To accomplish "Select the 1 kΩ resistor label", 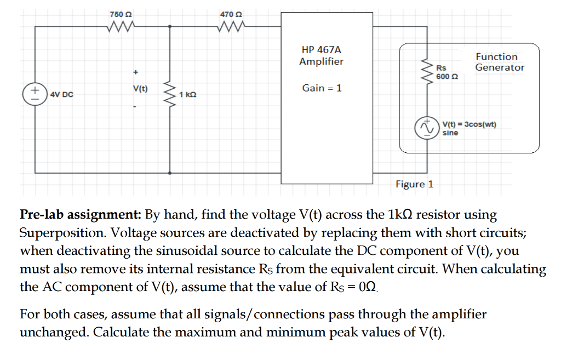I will [x=187, y=95].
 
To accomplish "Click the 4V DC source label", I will [x=61, y=94].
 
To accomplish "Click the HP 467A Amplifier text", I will [x=322, y=55].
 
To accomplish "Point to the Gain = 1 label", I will [x=322, y=88].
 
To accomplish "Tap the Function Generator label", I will [x=499, y=62].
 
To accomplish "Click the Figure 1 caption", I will [x=414, y=184].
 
